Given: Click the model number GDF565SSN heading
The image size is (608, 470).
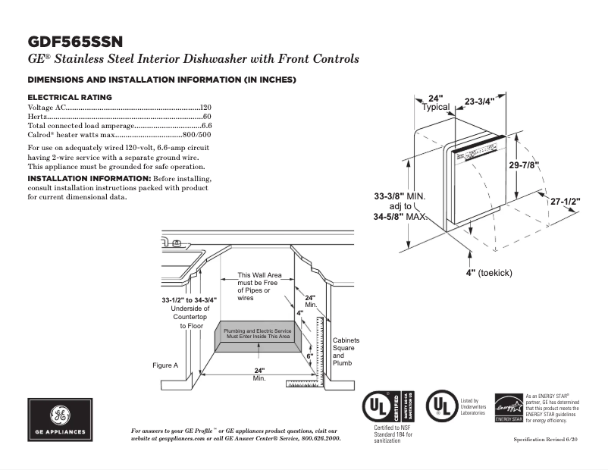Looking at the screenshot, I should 75,41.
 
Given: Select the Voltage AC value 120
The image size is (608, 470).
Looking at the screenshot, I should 205,108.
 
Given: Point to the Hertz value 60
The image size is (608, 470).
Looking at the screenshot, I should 206,117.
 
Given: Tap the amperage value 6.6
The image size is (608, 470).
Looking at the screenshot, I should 206,125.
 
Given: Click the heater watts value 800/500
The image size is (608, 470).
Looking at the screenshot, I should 196,134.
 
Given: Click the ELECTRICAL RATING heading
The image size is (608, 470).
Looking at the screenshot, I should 70,98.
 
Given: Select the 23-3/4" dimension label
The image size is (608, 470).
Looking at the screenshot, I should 479,101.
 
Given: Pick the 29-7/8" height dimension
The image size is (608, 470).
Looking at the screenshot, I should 523,165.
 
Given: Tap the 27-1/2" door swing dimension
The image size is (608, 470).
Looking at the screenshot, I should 565,202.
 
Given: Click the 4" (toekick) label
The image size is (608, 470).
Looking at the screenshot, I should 489,272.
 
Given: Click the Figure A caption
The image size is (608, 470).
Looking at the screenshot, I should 165,365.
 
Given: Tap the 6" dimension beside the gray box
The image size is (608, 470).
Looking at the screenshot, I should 309,355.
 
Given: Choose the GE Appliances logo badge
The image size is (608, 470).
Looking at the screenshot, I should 60,420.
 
